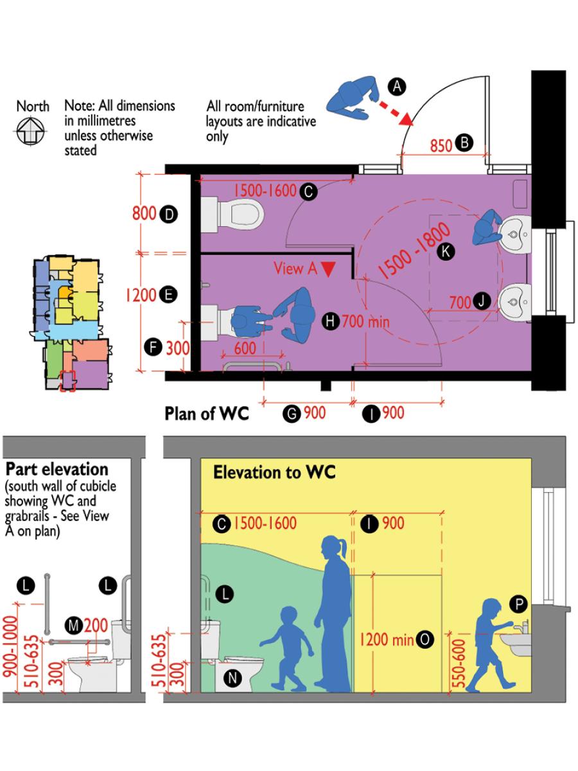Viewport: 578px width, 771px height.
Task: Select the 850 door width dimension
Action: pos(441,145)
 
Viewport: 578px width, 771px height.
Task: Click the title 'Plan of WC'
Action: pos(206,413)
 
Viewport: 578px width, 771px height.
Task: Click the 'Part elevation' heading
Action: pos(57,468)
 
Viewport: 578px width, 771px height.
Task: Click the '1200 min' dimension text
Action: pos(386,639)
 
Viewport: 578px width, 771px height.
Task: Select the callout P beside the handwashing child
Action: pos(518,603)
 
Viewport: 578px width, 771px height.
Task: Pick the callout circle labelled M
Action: pos(75,625)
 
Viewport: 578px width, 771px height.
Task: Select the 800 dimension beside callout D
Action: pos(144,213)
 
